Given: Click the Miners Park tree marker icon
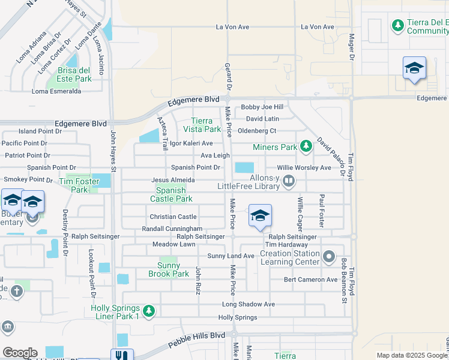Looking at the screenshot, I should coord(306,146).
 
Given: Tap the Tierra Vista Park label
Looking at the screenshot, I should coord(206,125).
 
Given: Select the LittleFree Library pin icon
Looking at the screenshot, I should coord(289,180).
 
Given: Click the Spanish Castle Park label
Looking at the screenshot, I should coord(171,194).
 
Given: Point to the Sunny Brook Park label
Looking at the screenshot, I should coord(169,269).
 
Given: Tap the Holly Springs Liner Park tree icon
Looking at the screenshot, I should coord(149,311).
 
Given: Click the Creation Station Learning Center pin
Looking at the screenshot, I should coord(328,257).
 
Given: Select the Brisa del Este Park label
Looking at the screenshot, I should coord(74,74).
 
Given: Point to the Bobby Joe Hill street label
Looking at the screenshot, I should coord(262,107).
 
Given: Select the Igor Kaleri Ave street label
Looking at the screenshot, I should coord(191,143).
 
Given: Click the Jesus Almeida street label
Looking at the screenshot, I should coord(173,180).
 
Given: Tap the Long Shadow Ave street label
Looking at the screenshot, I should coord(248,304).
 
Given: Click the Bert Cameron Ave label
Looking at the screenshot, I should coord(311,280).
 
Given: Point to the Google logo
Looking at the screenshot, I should coord(20,353).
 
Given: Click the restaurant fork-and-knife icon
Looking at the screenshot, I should coord(122,355).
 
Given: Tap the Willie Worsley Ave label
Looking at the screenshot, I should coord(304,168).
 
